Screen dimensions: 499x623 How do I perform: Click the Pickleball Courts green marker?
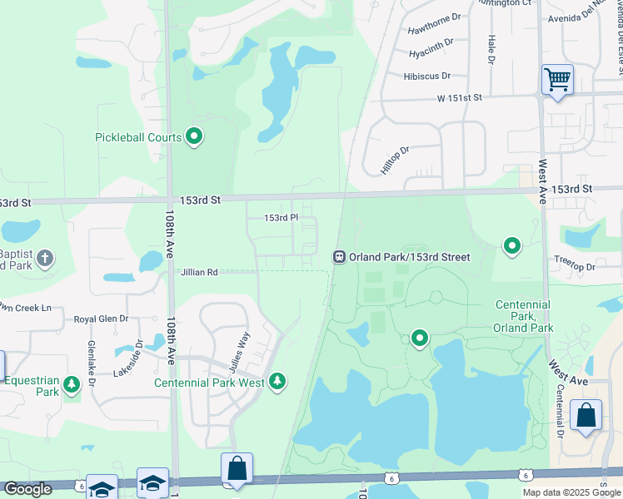coord(194,136)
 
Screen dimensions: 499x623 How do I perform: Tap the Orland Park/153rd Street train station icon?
coord(339,257)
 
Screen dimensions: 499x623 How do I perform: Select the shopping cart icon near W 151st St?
coord(557,80)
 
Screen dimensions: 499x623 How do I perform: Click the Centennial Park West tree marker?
coord(277,382)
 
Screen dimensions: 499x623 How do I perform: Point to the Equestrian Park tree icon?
coord(72,383)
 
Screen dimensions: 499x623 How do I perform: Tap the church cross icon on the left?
coord(45,258)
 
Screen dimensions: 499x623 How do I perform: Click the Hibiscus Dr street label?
coord(426,76)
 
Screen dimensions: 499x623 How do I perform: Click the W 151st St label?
coord(460,98)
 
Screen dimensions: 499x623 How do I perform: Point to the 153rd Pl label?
coord(281,218)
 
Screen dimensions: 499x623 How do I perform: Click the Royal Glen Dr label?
coord(101,319)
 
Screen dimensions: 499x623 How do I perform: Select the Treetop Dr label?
coord(575,267)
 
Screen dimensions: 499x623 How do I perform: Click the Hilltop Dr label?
coord(396,161)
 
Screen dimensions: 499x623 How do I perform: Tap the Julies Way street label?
coord(239,352)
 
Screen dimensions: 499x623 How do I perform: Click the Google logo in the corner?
coord(27,489)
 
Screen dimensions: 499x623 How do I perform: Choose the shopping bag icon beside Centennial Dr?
coord(586,416)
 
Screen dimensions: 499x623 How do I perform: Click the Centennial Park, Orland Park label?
coord(524,316)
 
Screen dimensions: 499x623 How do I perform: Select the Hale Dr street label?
coord(491,50)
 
